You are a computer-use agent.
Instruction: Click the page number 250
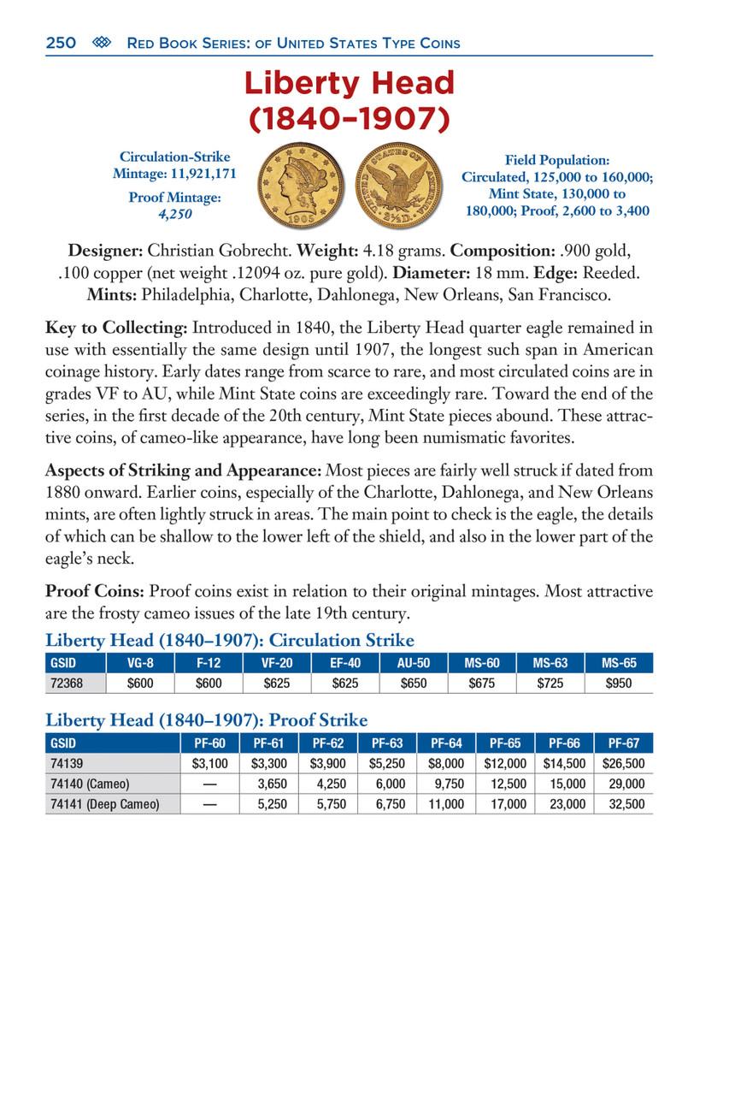[61, 43]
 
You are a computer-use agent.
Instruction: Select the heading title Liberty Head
[350, 84]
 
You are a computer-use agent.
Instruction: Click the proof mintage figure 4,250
[174, 214]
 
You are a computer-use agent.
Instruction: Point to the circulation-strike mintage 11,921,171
[174, 173]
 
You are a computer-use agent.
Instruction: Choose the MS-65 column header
[619, 662]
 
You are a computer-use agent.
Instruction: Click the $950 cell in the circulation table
[619, 683]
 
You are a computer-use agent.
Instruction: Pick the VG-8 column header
[139, 662]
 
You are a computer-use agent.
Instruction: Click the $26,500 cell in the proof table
[623, 763]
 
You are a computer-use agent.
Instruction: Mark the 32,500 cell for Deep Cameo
[623, 804]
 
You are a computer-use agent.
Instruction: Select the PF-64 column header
[446, 743]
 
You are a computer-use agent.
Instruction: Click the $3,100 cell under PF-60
[209, 763]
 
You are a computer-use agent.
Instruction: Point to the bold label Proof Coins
[95, 592]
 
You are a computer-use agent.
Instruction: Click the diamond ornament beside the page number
[102, 43]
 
